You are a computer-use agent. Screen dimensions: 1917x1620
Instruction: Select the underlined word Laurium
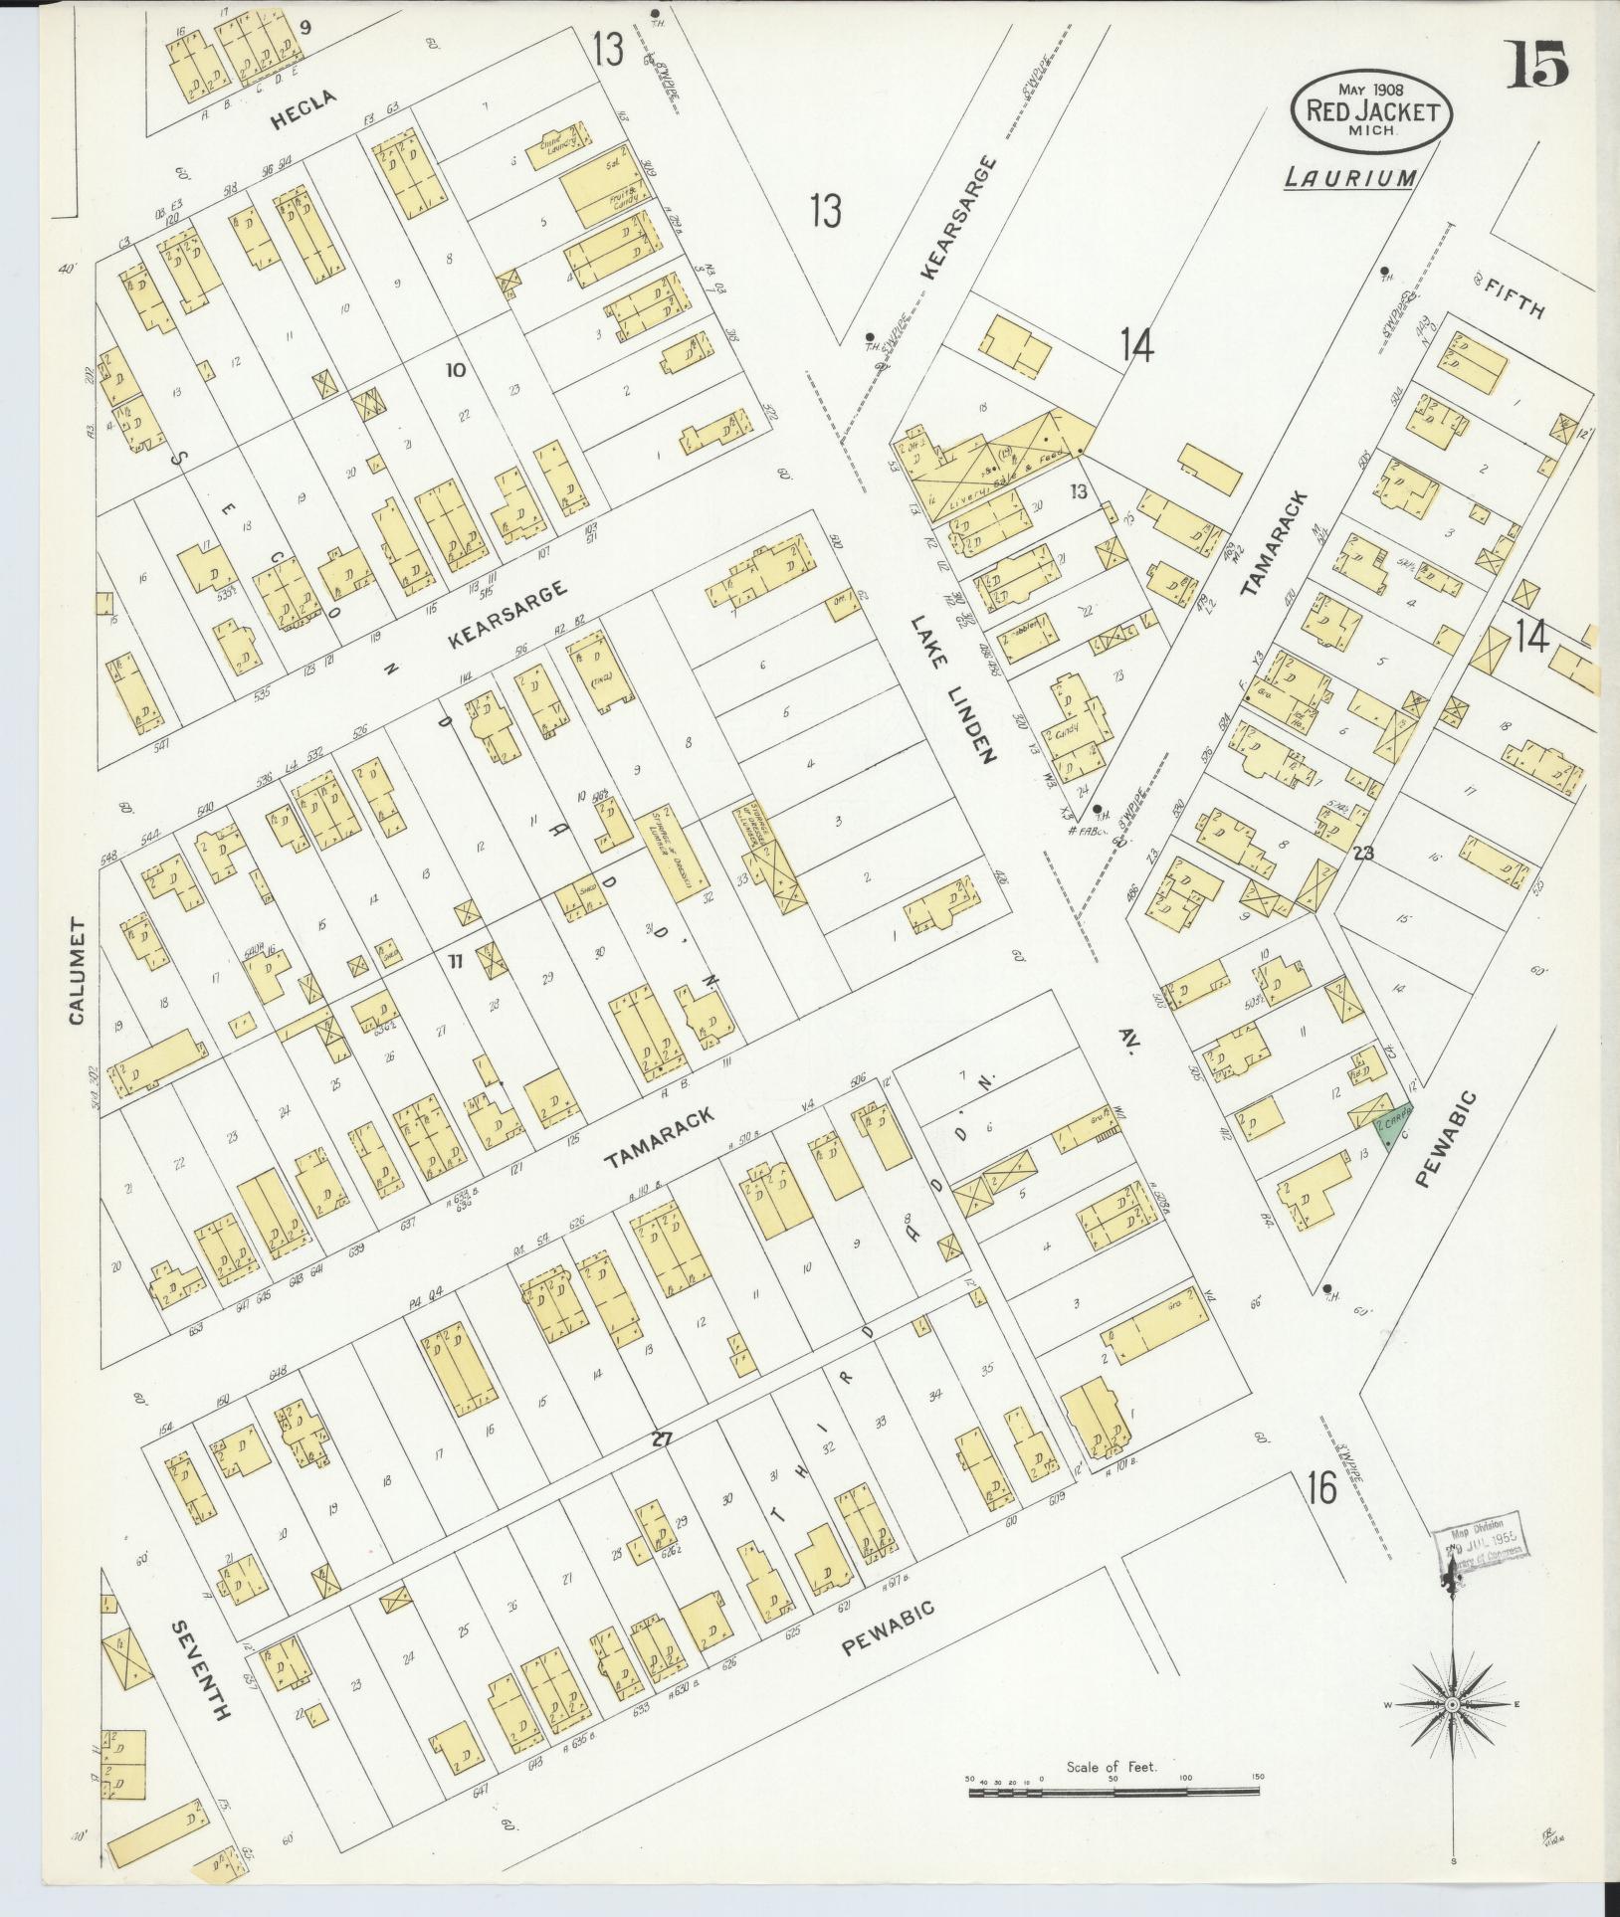click(x=1349, y=178)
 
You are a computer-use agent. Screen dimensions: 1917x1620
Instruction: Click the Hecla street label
click(x=305, y=111)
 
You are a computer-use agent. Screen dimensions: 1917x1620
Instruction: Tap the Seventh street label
click(x=201, y=1670)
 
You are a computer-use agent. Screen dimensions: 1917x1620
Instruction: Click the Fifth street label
click(x=1516, y=297)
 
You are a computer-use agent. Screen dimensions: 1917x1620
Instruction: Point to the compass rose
click(x=1452, y=1704)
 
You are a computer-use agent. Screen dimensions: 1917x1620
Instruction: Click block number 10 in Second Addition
click(x=455, y=371)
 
